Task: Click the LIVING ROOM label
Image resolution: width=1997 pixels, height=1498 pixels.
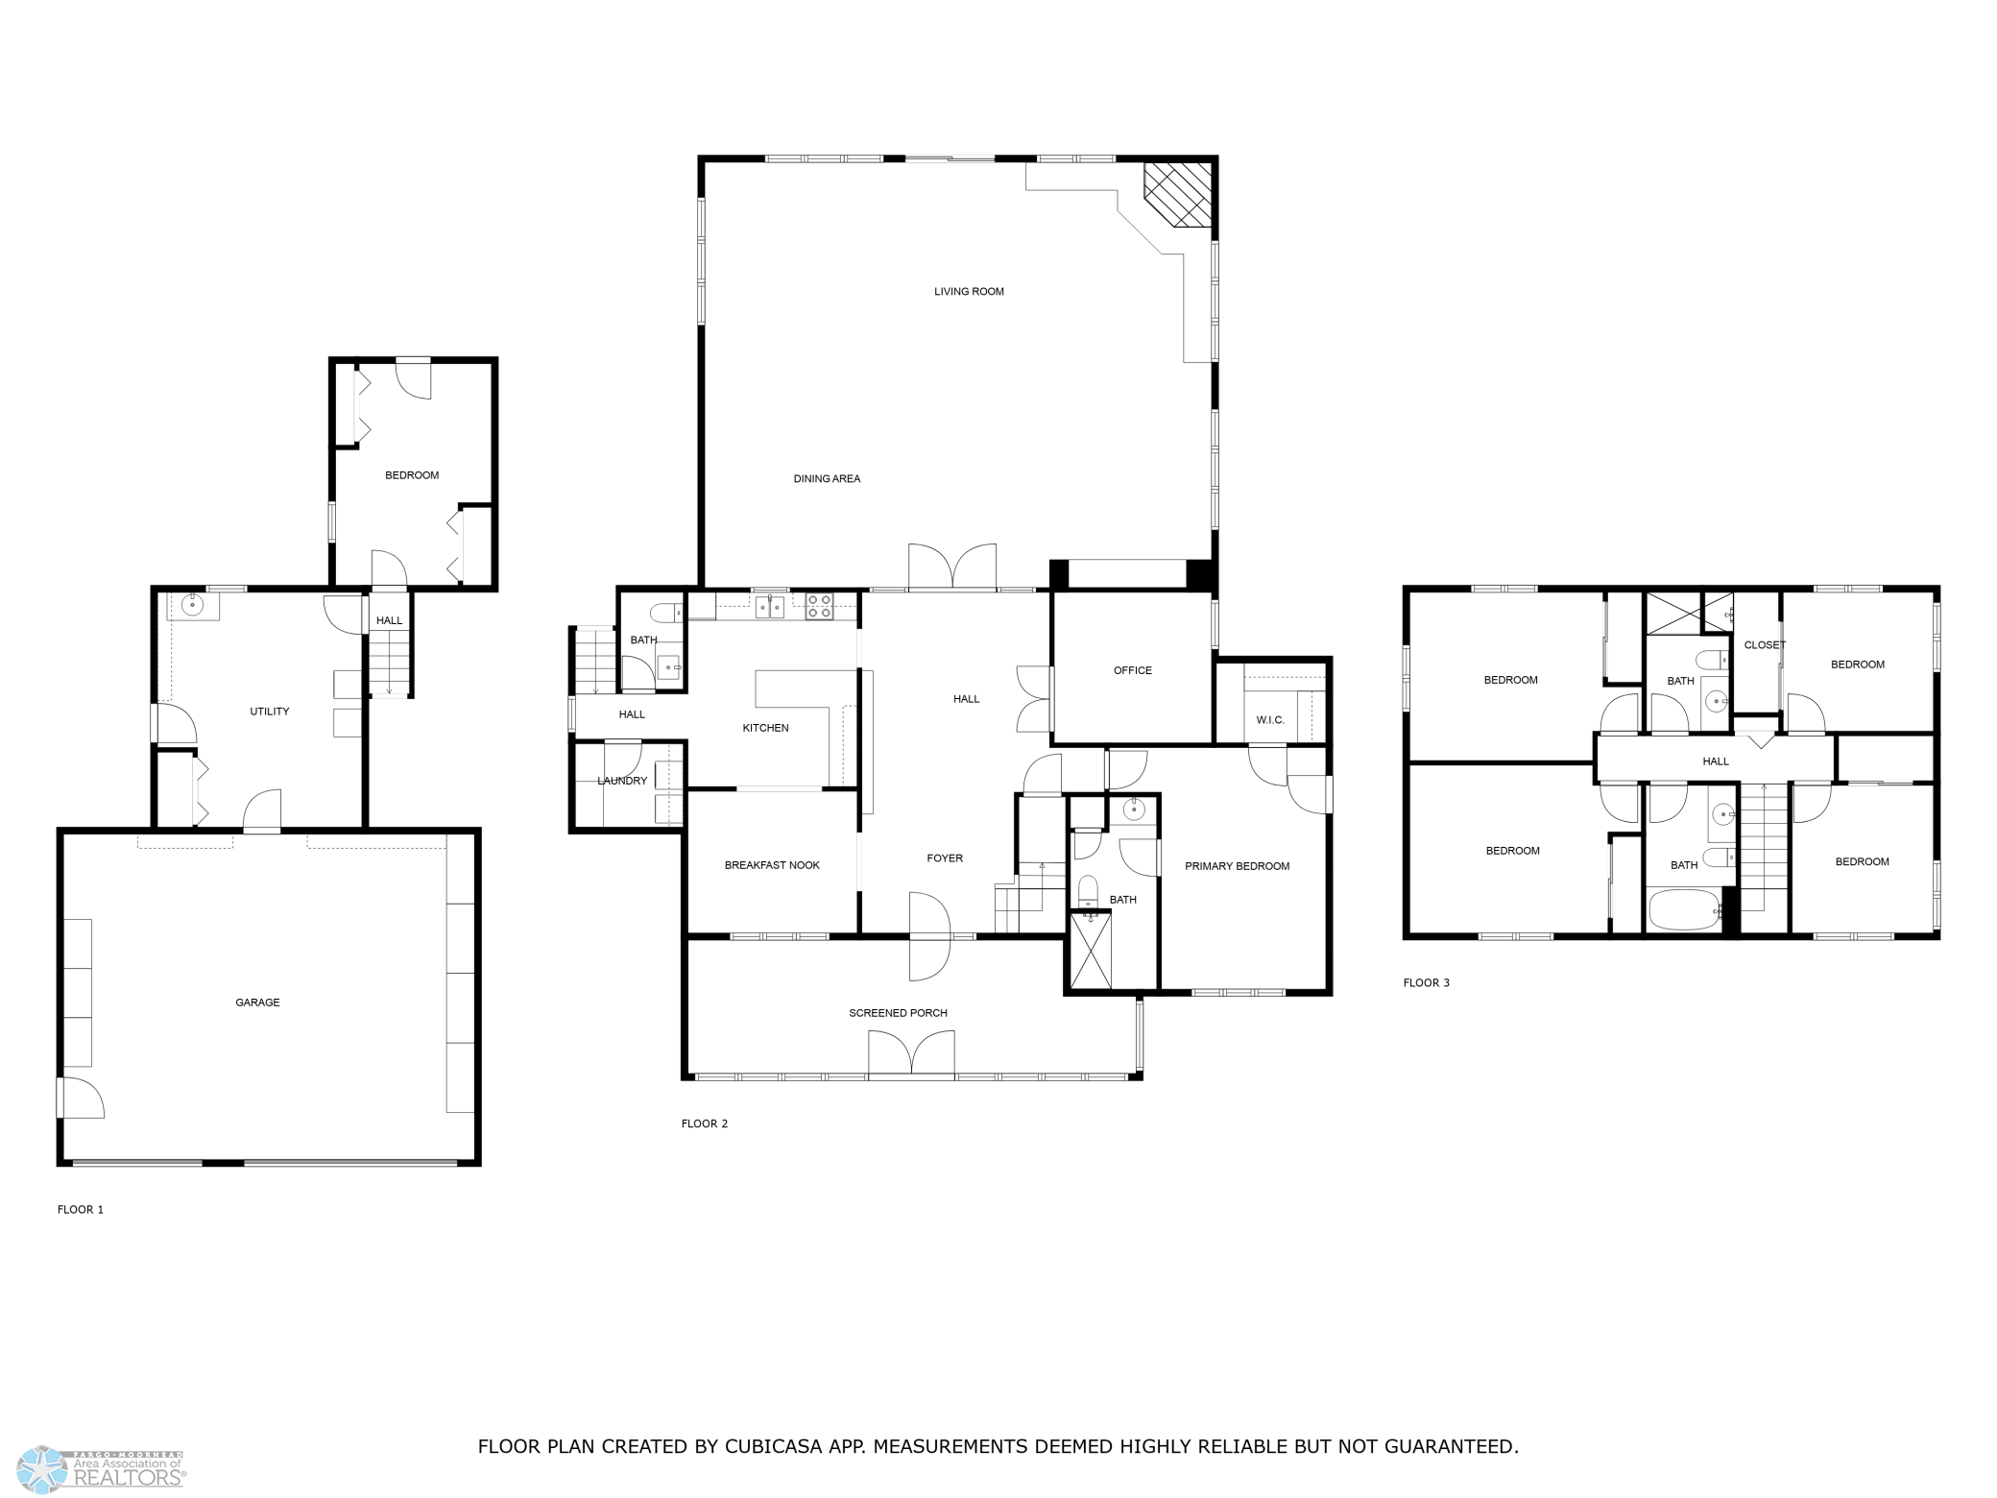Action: click(969, 292)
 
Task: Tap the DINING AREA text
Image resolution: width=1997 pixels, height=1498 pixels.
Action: click(827, 479)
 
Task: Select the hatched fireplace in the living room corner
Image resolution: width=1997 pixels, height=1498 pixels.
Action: click(1178, 195)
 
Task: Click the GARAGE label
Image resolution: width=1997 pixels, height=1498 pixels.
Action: click(257, 1003)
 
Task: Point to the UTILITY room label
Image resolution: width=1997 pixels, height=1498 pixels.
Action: click(270, 712)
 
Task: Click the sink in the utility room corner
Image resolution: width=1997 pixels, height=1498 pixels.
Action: click(194, 605)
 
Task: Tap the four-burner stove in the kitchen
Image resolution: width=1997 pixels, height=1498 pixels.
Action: click(819, 606)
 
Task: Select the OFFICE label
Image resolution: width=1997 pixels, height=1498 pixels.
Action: click(1133, 670)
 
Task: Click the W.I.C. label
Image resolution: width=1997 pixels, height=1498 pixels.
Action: click(1270, 720)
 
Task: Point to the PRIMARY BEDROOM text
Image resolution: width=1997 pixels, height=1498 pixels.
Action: click(1237, 866)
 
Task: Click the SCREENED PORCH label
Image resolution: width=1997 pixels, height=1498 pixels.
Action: click(898, 1013)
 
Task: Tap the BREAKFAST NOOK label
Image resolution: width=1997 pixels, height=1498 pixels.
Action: click(772, 865)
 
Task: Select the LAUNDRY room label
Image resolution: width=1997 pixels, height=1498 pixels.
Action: click(622, 781)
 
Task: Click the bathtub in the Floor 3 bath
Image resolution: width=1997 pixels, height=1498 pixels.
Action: click(1685, 909)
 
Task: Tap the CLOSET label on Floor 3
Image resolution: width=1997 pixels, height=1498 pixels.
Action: click(1765, 645)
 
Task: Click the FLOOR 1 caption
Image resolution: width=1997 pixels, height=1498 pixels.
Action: click(81, 1210)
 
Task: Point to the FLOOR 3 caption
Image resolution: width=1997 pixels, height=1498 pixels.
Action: click(1427, 983)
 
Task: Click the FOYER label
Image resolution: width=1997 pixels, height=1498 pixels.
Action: click(945, 858)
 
